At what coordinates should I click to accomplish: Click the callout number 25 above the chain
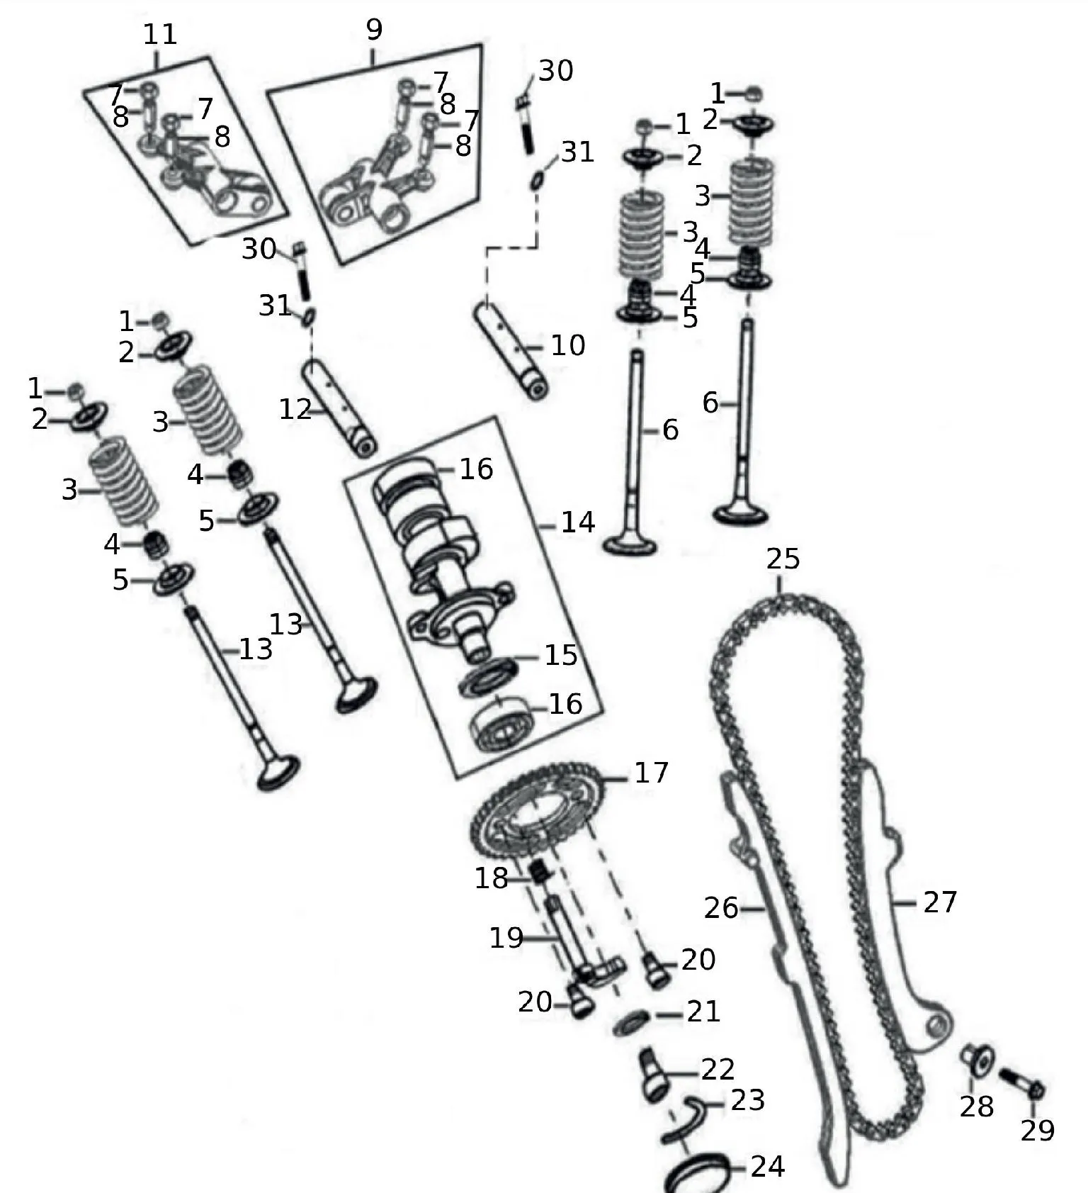[x=783, y=559]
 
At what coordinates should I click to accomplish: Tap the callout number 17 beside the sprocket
[x=651, y=772]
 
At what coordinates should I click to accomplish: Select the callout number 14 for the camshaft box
[x=577, y=522]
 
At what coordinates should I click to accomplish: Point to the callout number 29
[x=1038, y=1131]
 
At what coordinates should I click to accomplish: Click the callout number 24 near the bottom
[x=768, y=1166]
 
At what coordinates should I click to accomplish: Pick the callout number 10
[x=568, y=345]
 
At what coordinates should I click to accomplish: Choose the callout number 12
[x=295, y=409]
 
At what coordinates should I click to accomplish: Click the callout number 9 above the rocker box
[x=374, y=29]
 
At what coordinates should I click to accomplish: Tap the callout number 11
[x=160, y=34]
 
